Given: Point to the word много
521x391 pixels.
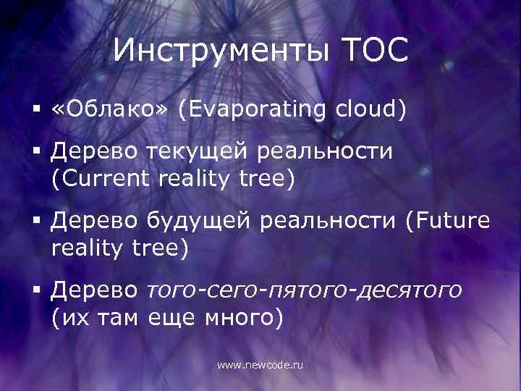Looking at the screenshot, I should pyautogui.click(x=242, y=317).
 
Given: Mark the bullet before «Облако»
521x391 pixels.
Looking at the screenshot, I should pyautogui.click(x=35, y=110).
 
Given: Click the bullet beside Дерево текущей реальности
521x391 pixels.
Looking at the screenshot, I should pyautogui.click(x=35, y=154).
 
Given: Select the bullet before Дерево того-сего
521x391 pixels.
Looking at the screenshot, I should pyautogui.click(x=35, y=292).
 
